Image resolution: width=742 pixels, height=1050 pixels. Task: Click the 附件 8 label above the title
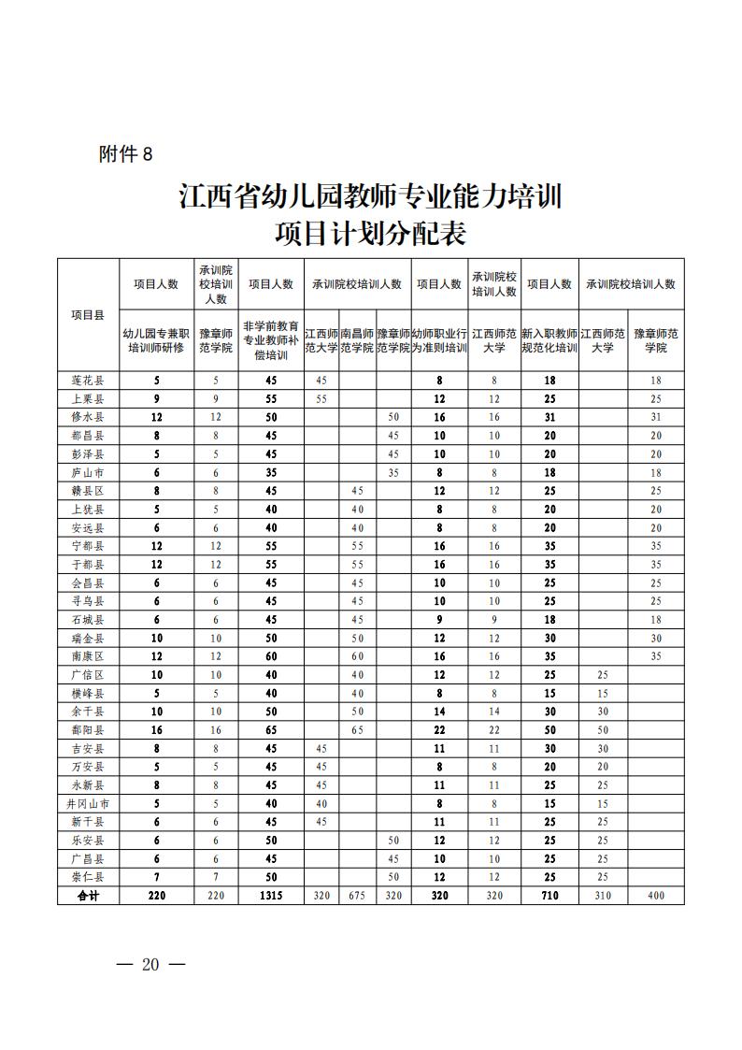tap(125, 155)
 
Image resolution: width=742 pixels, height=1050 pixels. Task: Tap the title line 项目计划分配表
tap(370, 231)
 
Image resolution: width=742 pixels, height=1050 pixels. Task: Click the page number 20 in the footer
tap(150, 965)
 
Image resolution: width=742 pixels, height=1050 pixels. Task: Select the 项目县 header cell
tap(88, 314)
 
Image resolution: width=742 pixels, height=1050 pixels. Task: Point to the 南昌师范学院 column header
tap(357, 339)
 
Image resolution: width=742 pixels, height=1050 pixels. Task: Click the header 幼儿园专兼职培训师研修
tap(157, 339)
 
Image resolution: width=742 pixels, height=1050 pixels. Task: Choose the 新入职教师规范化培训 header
tap(549, 339)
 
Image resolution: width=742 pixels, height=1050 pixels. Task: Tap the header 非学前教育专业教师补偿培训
tap(271, 339)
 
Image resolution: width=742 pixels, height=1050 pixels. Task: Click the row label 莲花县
tap(88, 381)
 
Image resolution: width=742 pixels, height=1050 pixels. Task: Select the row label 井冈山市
tap(88, 803)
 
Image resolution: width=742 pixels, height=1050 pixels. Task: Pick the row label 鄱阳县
tap(88, 728)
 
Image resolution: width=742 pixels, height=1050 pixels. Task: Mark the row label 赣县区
tap(88, 491)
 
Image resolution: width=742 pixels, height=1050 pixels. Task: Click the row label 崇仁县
tap(88, 877)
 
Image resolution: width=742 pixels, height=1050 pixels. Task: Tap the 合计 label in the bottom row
tap(88, 896)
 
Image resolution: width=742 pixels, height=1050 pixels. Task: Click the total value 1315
tap(271, 896)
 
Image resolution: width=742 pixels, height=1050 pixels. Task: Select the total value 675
tap(357, 896)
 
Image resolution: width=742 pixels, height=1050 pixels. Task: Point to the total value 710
tap(549, 896)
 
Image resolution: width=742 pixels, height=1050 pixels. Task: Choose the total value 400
tap(656, 896)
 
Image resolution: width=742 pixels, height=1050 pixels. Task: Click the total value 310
tap(603, 896)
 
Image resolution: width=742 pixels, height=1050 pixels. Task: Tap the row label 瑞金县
tap(88, 638)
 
